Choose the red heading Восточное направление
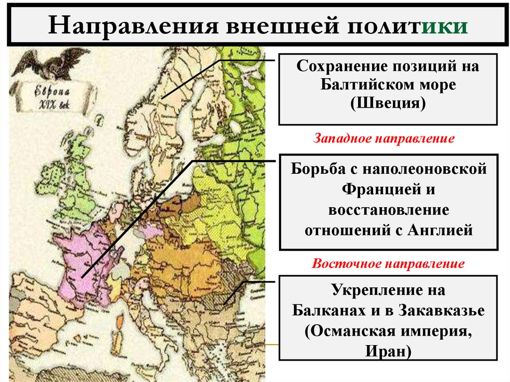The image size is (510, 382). pos(388,263)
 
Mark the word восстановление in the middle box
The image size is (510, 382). pos(388,209)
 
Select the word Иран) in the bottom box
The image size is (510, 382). pos(388,351)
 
